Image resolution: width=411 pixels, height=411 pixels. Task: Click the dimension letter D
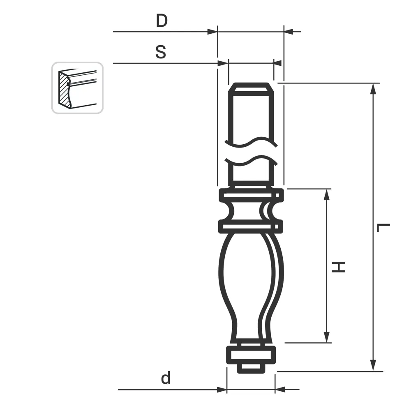click(x=162, y=21)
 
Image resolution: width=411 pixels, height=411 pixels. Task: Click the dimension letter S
click(x=161, y=52)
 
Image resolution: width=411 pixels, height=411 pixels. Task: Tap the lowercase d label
click(x=166, y=378)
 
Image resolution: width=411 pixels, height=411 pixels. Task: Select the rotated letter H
click(x=339, y=267)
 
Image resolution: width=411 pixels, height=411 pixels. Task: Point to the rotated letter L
click(x=383, y=228)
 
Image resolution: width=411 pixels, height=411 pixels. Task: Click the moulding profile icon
click(x=77, y=88)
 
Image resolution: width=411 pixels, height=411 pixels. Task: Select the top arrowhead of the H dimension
click(x=327, y=194)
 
